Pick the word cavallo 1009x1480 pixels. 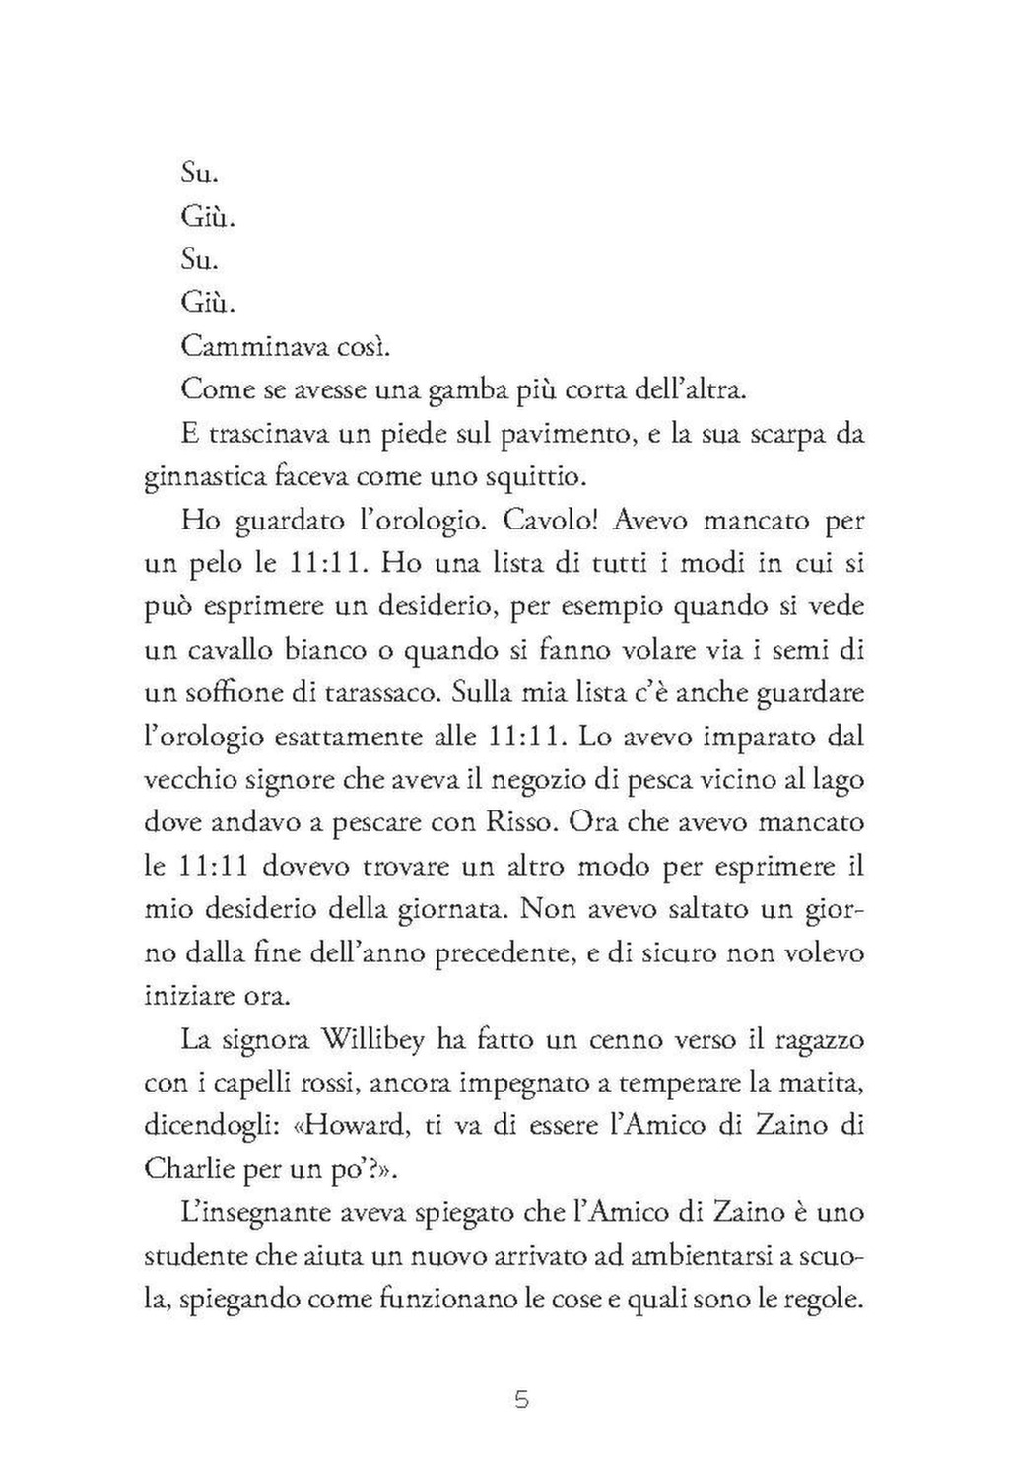click(x=238, y=650)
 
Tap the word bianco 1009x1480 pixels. click(x=345, y=650)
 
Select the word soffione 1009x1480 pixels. click(x=232, y=692)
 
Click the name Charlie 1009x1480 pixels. click(x=189, y=1168)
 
